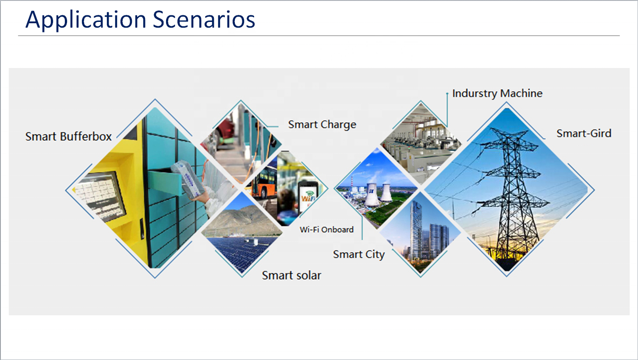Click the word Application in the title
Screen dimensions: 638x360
86,20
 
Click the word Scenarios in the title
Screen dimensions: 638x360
204,19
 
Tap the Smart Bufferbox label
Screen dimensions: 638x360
68,136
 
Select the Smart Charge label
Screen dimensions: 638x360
322,125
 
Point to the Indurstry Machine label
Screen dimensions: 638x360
497,93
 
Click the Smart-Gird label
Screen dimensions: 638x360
584,133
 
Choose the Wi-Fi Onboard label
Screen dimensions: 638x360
326,229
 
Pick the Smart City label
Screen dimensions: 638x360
359,254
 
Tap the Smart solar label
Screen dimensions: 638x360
291,275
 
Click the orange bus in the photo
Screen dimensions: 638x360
264,182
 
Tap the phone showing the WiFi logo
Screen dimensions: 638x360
308,196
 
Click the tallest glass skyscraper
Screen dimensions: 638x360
415,228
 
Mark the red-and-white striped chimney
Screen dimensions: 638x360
352,182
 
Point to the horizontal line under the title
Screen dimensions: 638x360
319,36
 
